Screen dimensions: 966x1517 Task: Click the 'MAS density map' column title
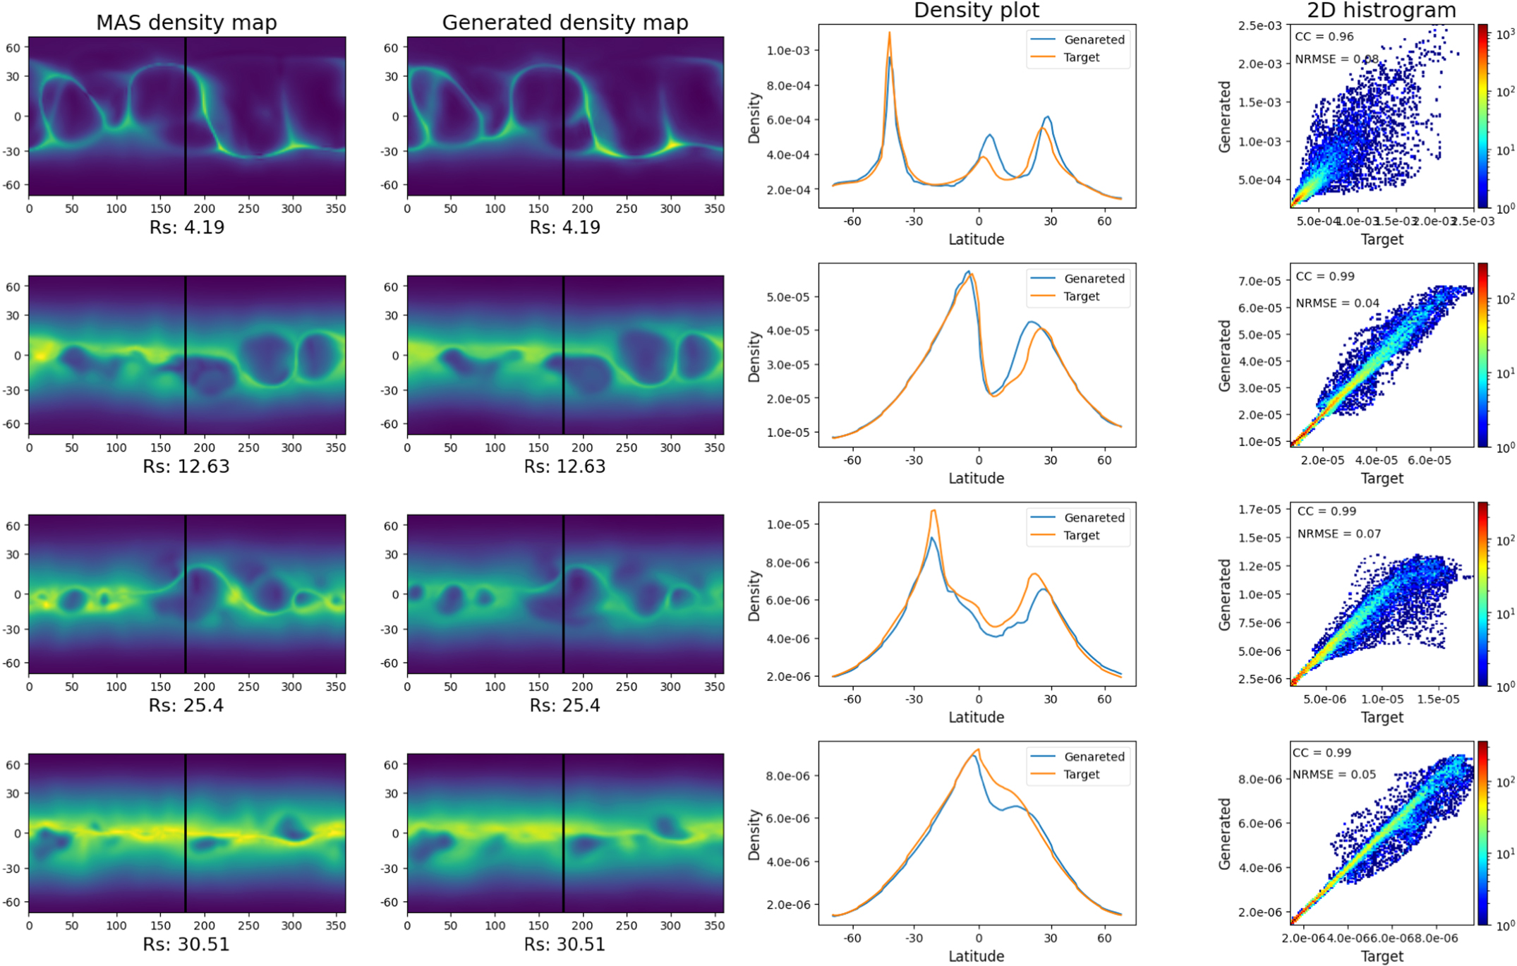coord(186,23)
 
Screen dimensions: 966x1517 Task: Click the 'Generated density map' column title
coord(564,23)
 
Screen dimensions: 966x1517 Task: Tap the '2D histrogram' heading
coord(1381,10)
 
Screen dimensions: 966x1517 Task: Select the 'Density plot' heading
coord(976,10)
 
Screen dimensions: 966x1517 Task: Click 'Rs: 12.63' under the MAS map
coord(186,466)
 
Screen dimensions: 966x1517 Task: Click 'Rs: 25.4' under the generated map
coord(564,705)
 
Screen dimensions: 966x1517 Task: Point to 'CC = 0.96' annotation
coord(1324,37)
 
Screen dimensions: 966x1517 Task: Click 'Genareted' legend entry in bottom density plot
coord(1094,756)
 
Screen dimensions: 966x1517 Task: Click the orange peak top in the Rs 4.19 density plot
coord(889,32)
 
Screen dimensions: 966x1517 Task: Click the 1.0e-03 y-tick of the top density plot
coord(788,50)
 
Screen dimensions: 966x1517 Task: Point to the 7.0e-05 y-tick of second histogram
coord(1259,281)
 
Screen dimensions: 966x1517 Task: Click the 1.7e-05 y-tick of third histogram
coord(1259,509)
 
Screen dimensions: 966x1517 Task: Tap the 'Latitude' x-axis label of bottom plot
coord(976,956)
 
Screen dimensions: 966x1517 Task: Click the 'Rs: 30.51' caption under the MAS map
coord(186,944)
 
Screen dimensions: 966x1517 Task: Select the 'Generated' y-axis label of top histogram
coord(1224,116)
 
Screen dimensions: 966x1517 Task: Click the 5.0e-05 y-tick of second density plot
coord(788,297)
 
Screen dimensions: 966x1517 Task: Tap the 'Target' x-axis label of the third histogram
coord(1382,717)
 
